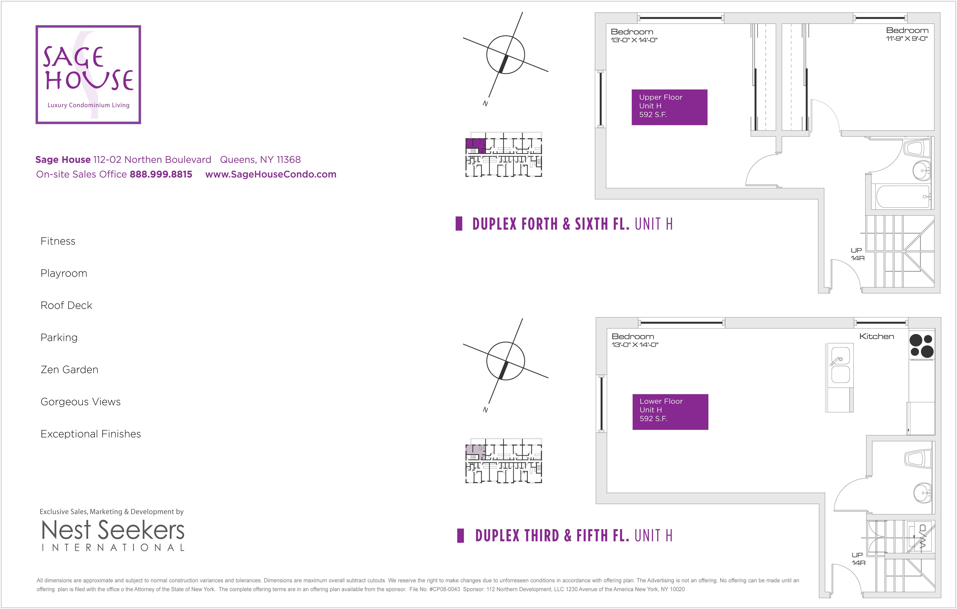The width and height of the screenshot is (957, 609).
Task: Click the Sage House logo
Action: (x=88, y=75)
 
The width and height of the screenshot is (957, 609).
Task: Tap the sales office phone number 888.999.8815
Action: (x=161, y=174)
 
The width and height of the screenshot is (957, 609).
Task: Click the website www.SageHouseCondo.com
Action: (x=271, y=174)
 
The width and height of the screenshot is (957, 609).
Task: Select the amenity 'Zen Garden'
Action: (x=70, y=369)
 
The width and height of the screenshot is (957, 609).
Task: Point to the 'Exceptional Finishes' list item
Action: (x=91, y=434)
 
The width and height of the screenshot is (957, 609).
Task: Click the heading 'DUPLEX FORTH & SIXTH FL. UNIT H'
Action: (x=572, y=224)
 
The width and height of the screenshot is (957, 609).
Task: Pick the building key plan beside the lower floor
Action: (x=503, y=461)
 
